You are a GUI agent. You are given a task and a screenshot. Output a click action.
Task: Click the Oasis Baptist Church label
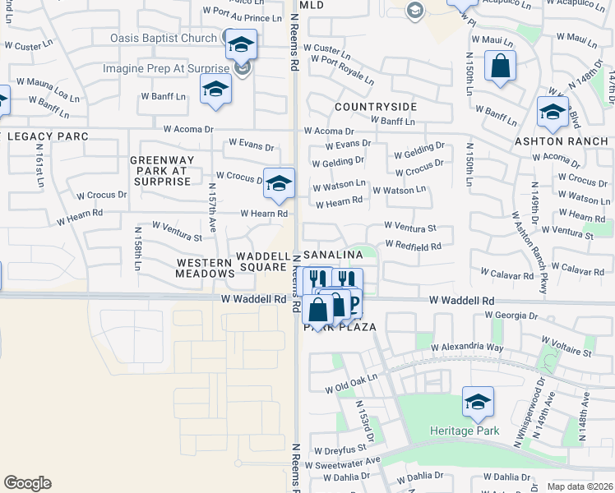(164, 38)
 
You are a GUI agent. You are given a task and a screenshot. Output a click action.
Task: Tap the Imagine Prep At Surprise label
(167, 68)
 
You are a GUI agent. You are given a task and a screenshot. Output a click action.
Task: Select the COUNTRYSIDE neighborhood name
(376, 107)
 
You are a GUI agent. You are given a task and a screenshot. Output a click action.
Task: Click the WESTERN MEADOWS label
(205, 268)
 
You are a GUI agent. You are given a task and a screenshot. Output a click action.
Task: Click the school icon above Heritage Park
(478, 402)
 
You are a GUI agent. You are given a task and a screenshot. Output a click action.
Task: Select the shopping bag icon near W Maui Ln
(500, 67)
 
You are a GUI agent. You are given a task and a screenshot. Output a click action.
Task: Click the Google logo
(28, 483)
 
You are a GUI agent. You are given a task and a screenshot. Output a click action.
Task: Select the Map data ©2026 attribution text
(579, 486)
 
